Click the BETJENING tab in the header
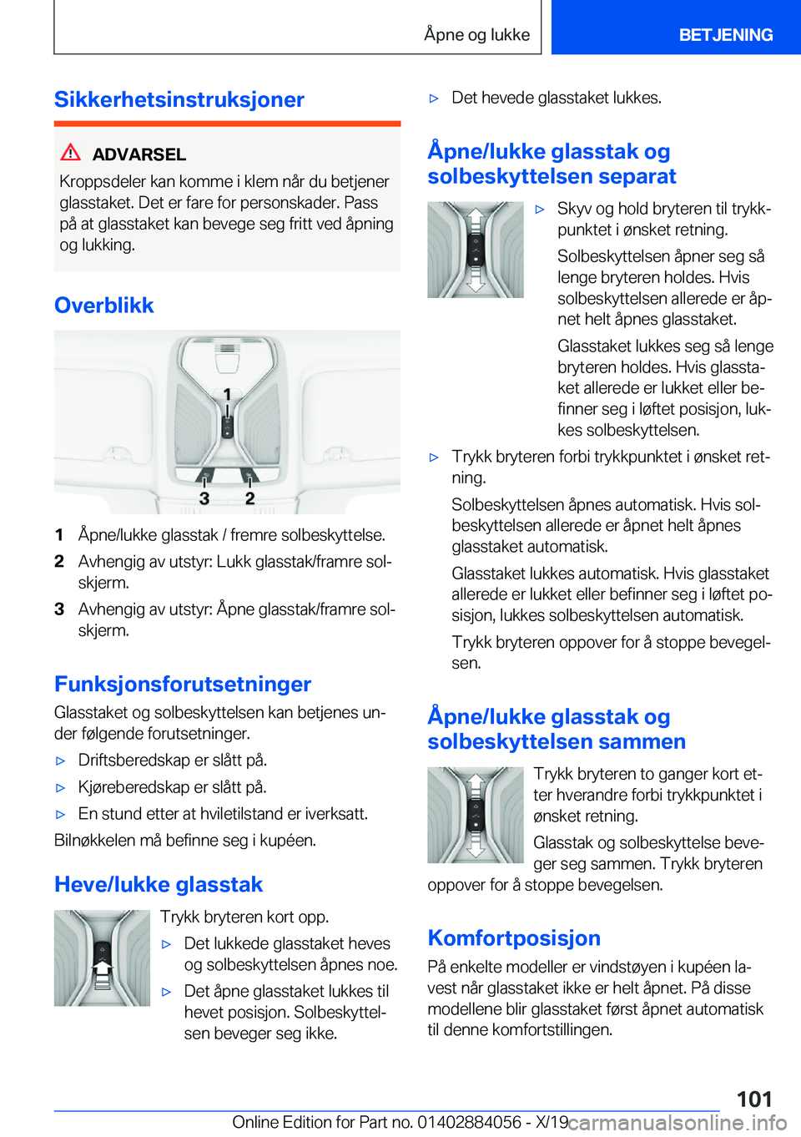click(x=725, y=35)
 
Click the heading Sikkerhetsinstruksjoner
click(x=179, y=99)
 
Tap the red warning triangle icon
click(x=71, y=153)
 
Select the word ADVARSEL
click(x=139, y=154)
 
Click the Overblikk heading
click(x=104, y=306)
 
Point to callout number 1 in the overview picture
click(x=227, y=394)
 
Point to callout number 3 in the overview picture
click(x=204, y=498)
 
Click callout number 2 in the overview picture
click(x=249, y=498)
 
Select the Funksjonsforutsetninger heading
click(x=183, y=685)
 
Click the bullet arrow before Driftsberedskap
click(x=60, y=761)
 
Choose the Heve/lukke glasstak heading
click(x=159, y=885)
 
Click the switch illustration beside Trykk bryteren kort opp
click(x=102, y=958)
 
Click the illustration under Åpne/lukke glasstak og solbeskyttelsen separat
click(x=476, y=250)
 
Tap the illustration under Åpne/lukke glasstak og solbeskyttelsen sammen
click(x=476, y=815)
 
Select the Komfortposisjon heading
click(x=514, y=938)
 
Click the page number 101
click(x=754, y=1099)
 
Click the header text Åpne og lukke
click(x=476, y=35)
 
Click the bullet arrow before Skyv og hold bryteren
click(x=540, y=210)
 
